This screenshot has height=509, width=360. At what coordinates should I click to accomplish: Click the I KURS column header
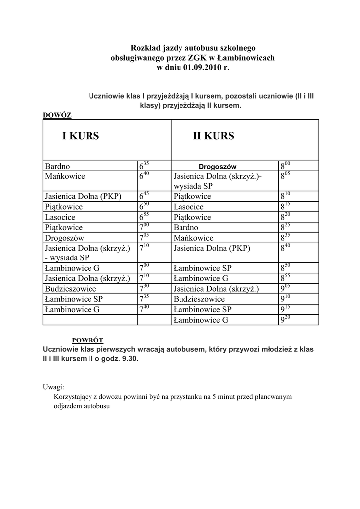(x=81, y=136)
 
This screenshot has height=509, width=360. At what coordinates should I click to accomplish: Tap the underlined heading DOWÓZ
(x=58, y=115)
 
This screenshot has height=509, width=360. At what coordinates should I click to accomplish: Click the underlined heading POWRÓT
(x=88, y=340)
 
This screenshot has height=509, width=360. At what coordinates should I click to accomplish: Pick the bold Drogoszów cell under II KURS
(x=218, y=167)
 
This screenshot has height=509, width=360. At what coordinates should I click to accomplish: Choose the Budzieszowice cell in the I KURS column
(x=71, y=289)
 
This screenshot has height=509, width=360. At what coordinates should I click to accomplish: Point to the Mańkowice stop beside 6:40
(x=65, y=176)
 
